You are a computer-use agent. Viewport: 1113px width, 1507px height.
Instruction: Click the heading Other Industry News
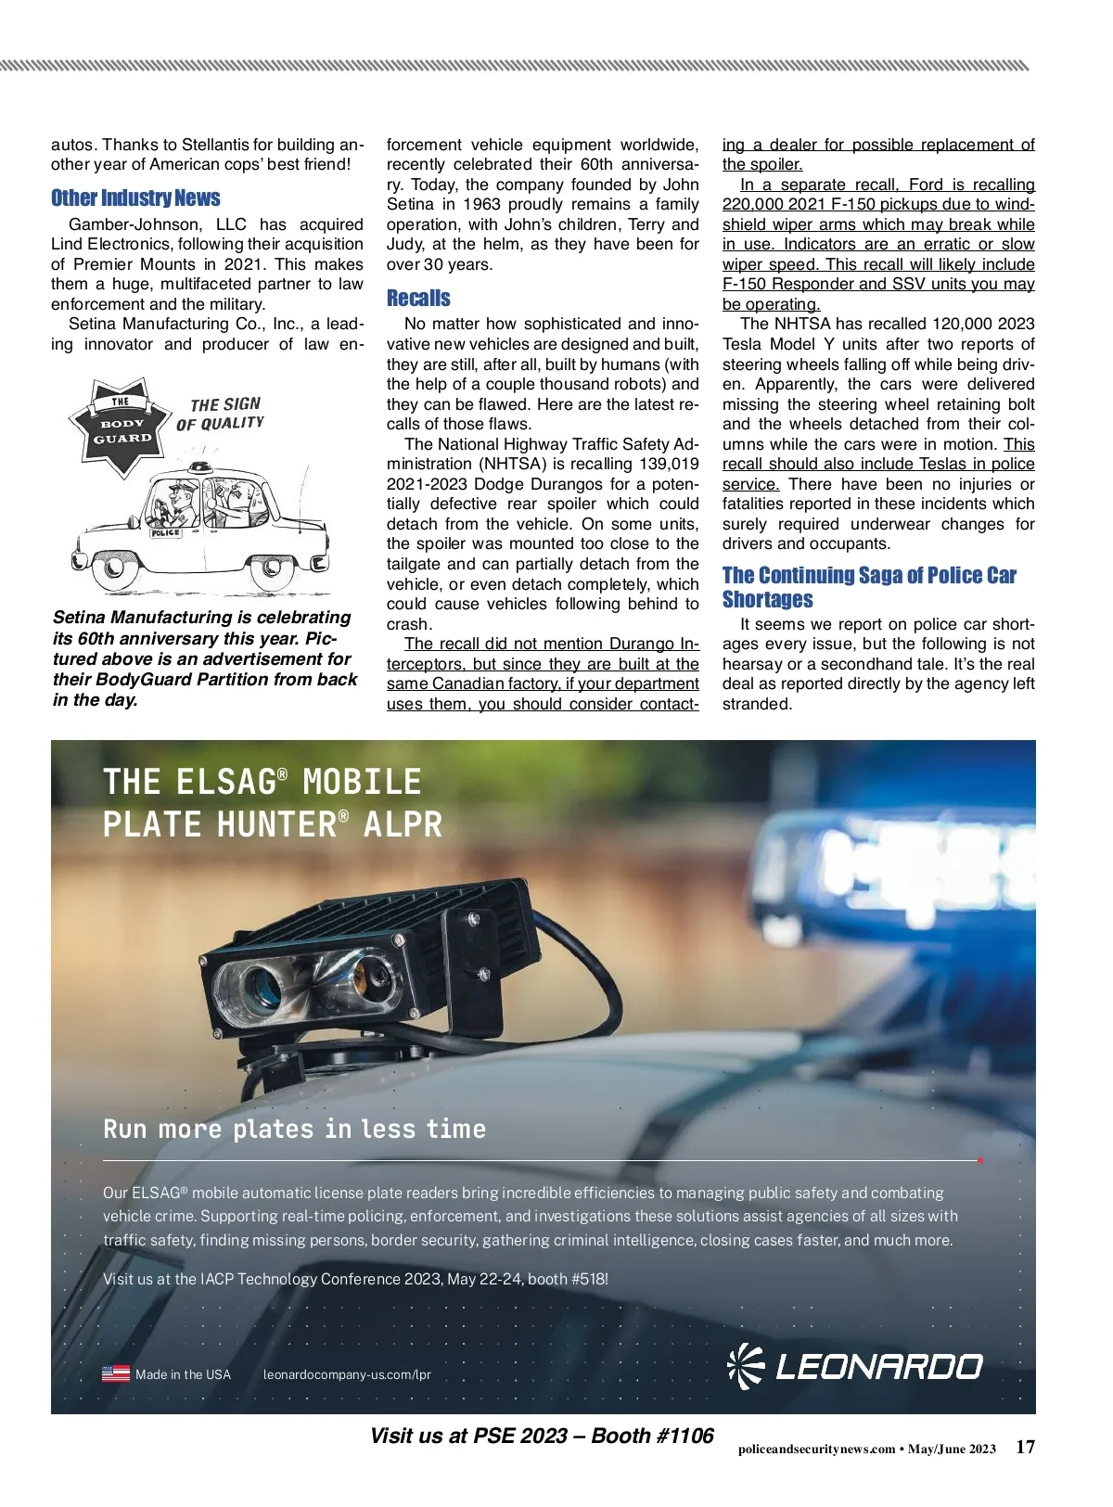pos(135,198)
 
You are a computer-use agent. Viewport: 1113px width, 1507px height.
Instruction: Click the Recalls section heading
pos(418,299)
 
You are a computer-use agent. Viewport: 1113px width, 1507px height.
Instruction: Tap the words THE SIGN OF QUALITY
pos(222,414)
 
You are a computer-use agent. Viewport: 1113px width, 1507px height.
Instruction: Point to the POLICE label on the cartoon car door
pos(166,533)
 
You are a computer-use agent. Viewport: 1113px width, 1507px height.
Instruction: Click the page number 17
pos(1025,1447)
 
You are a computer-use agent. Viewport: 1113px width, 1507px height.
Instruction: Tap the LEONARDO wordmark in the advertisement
pos(877,1367)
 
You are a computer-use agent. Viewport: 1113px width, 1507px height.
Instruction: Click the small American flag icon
pos(116,1374)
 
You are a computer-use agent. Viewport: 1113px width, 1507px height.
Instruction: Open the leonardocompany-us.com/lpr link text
pos(347,1374)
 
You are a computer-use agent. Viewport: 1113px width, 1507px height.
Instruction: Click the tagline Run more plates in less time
pos(294,1130)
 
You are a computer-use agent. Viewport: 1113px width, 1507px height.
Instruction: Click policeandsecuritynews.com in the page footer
pos(816,1450)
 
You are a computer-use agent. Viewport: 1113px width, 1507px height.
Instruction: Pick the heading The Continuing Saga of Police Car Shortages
pos(868,587)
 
